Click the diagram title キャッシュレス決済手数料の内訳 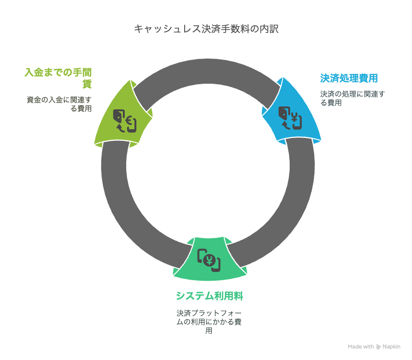(x=206, y=29)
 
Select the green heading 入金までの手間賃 (x=58, y=78)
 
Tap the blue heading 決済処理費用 (x=349, y=78)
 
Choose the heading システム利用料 (x=209, y=296)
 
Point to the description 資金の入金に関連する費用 (x=59, y=104)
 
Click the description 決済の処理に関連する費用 (x=353, y=98)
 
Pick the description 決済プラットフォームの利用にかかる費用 (x=209, y=322)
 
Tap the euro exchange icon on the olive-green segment (x=125, y=121)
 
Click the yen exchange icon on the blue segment (x=290, y=118)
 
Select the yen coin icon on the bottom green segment (x=209, y=260)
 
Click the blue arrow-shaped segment (x=292, y=112)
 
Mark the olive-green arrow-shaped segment (x=123, y=114)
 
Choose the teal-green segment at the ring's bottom (x=209, y=259)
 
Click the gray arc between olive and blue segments (x=207, y=71)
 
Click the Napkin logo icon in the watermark (x=378, y=347)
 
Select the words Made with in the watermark (x=361, y=346)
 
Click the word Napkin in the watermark (x=391, y=347)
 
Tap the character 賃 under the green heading (x=87, y=84)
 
